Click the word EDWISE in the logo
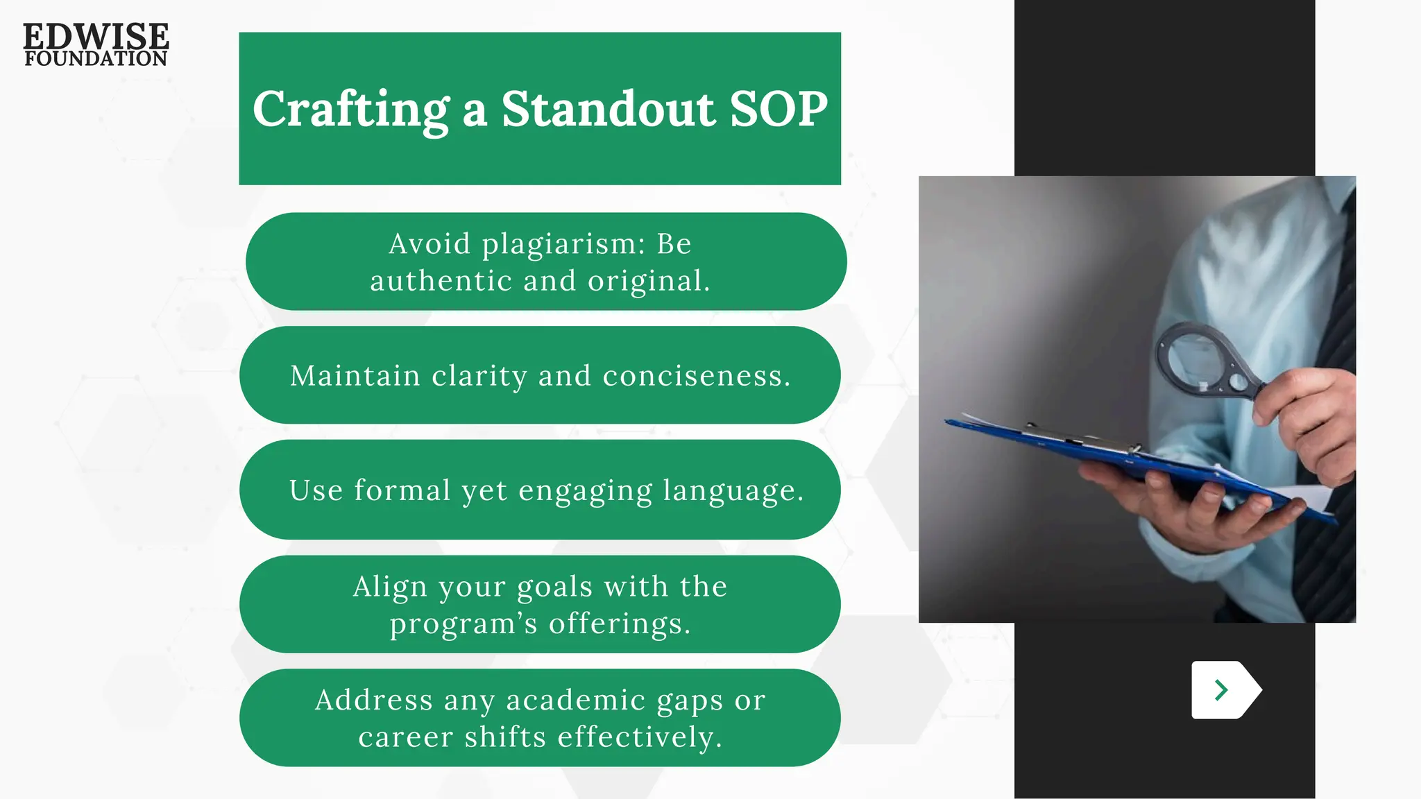(96, 36)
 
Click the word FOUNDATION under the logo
(96, 59)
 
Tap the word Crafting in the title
(351, 110)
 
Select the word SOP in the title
(778, 110)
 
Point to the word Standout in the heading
(608, 110)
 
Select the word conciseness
(696, 377)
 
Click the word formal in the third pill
(402, 491)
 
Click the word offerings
(620, 624)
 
